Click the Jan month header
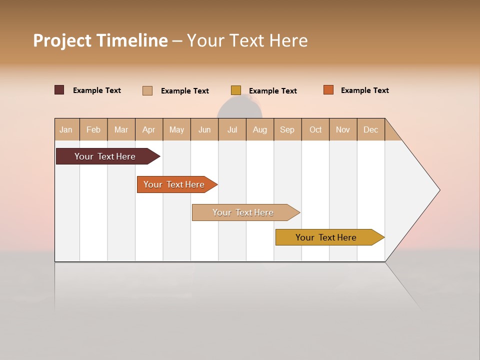tap(66, 129)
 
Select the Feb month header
tap(93, 129)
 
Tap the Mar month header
tap(121, 129)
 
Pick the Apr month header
tap(149, 129)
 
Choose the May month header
tap(176, 129)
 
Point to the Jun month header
tap(204, 129)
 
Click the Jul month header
tap(232, 129)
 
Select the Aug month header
tap(260, 129)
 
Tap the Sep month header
tap(287, 129)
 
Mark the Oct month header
tap(315, 129)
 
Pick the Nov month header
tap(343, 129)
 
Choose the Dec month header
tap(371, 129)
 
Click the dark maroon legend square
tap(59, 90)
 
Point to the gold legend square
tap(236, 90)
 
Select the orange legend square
tap(328, 90)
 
